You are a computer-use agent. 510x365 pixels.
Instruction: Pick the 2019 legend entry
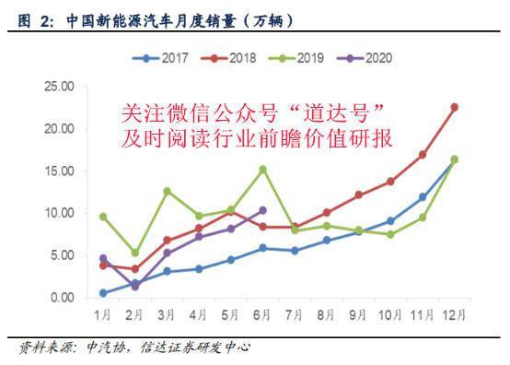(305, 57)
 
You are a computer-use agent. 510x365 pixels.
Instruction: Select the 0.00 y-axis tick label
(62, 298)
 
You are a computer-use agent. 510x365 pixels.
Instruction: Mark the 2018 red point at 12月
(454, 107)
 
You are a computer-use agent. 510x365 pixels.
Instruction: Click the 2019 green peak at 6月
(262, 169)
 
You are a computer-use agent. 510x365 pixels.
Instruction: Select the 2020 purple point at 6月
(262, 210)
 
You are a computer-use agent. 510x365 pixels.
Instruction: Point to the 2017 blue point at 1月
(103, 293)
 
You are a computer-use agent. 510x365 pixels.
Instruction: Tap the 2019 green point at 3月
(167, 191)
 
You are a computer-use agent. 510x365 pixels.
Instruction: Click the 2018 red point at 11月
(422, 155)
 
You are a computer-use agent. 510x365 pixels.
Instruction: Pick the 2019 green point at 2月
(135, 253)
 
